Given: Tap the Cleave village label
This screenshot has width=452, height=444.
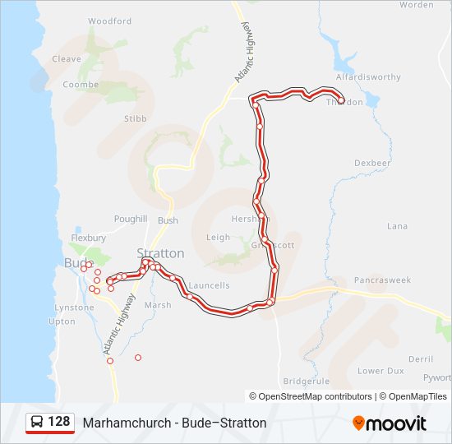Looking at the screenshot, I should [67, 59].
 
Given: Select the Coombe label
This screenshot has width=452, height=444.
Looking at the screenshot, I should [81, 85].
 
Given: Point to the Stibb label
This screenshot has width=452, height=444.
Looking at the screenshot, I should [135, 118].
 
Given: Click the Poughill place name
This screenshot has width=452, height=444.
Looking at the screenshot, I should [131, 220].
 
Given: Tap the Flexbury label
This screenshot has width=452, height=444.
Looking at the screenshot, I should [89, 238].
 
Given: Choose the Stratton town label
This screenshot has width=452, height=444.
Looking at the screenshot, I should [160, 253].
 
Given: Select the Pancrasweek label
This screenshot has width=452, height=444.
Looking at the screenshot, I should [381, 280].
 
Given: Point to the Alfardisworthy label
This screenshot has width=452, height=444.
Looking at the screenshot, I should [368, 77].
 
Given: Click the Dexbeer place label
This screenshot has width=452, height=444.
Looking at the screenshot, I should [372, 164].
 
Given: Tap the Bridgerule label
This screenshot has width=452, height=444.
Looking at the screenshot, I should [306, 382].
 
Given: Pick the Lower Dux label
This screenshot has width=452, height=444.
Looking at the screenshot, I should [381, 371].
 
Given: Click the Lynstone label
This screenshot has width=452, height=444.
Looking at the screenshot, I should [75, 308].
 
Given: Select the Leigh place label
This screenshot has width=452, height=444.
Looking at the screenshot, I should [218, 237].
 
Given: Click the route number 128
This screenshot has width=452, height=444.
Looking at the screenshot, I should [59, 422].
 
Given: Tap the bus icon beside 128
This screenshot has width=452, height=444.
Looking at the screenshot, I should [37, 423].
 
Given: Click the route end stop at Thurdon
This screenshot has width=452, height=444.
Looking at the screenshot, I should [340, 102].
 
